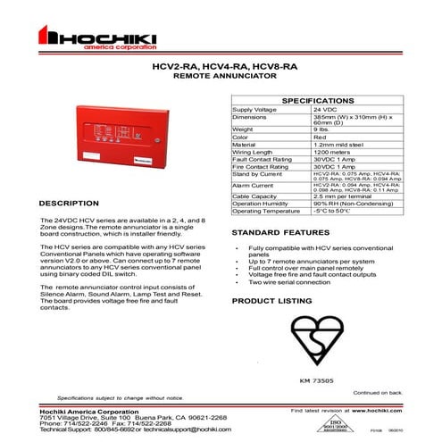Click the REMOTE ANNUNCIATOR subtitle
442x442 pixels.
pos(221,77)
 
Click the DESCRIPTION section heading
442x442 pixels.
pos(69,203)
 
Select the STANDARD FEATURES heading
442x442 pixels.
pos(274,231)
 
